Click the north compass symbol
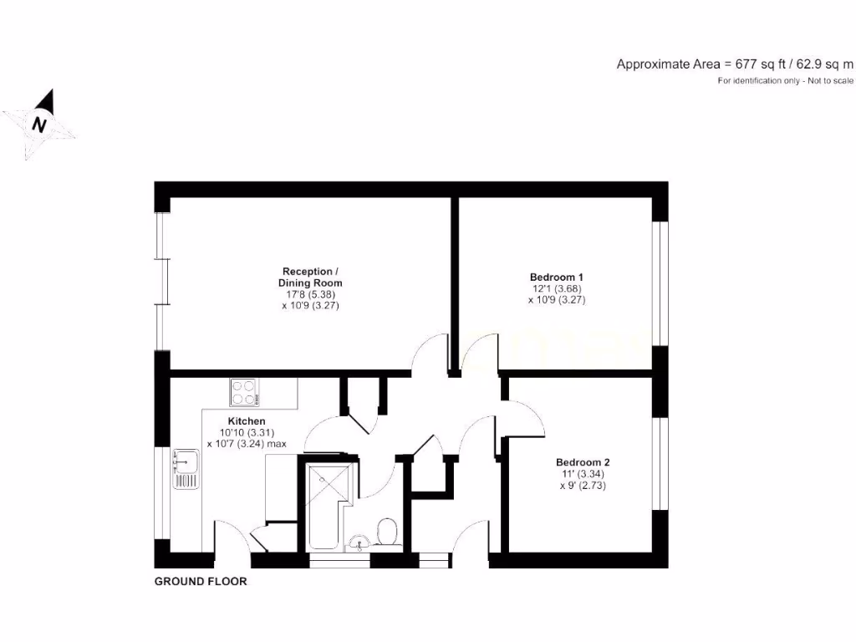pos(38,125)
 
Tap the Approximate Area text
pos(735,64)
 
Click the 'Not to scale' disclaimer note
pos(786,81)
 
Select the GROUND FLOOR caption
pos(201,581)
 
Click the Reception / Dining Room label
pos(311,278)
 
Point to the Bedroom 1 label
pos(556,277)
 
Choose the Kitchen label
pos(247,420)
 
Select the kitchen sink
pos(185,468)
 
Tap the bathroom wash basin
pos(359,543)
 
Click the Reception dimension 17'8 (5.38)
pos(311,295)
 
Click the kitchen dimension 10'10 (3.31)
pos(242,432)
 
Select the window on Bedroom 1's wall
pos(660,284)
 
